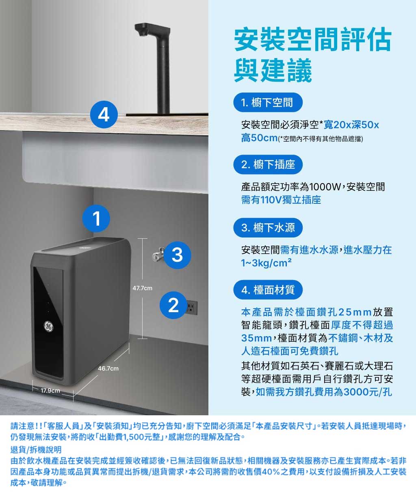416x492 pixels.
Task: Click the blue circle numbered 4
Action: click(x=104, y=114)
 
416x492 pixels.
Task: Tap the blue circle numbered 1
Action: click(x=96, y=218)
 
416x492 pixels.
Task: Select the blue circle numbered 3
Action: click(x=178, y=255)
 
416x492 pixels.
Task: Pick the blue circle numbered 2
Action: click(x=173, y=305)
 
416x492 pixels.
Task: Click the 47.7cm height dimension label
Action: click(x=142, y=288)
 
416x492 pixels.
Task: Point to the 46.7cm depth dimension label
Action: click(x=108, y=369)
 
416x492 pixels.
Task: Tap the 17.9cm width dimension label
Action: click(x=50, y=391)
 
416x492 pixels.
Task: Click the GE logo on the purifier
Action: click(x=48, y=326)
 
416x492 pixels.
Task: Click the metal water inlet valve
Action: click(x=158, y=255)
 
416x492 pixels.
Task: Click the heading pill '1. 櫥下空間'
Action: click(x=268, y=103)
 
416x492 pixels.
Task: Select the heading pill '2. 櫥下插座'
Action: click(x=268, y=164)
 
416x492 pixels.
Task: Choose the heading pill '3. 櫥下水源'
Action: click(x=268, y=227)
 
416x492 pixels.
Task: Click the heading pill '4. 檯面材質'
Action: click(x=268, y=290)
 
